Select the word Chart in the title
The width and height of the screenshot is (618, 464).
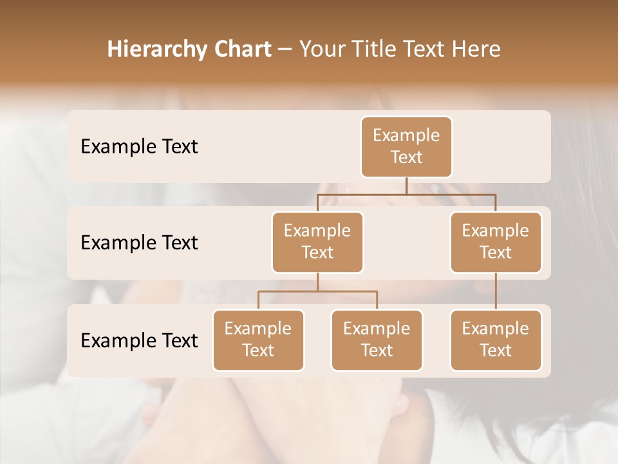click(242, 50)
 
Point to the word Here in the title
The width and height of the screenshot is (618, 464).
click(476, 50)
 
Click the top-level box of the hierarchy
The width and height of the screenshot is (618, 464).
click(406, 147)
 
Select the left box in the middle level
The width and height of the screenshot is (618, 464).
click(317, 242)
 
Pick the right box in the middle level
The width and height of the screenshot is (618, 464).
click(496, 242)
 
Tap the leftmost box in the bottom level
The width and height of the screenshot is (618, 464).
click(258, 340)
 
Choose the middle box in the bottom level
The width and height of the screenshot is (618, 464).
click(377, 340)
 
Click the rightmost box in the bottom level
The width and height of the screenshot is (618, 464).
click(496, 340)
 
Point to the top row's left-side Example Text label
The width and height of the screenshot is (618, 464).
click(139, 147)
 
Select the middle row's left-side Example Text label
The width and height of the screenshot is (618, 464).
click(139, 243)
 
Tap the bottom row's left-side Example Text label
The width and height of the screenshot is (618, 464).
click(139, 341)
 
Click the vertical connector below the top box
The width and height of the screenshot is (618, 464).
click(406, 186)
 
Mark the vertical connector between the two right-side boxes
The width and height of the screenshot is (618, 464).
click(496, 291)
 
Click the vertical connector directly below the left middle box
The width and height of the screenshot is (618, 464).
click(317, 282)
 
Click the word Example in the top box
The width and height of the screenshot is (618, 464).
click(406, 135)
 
